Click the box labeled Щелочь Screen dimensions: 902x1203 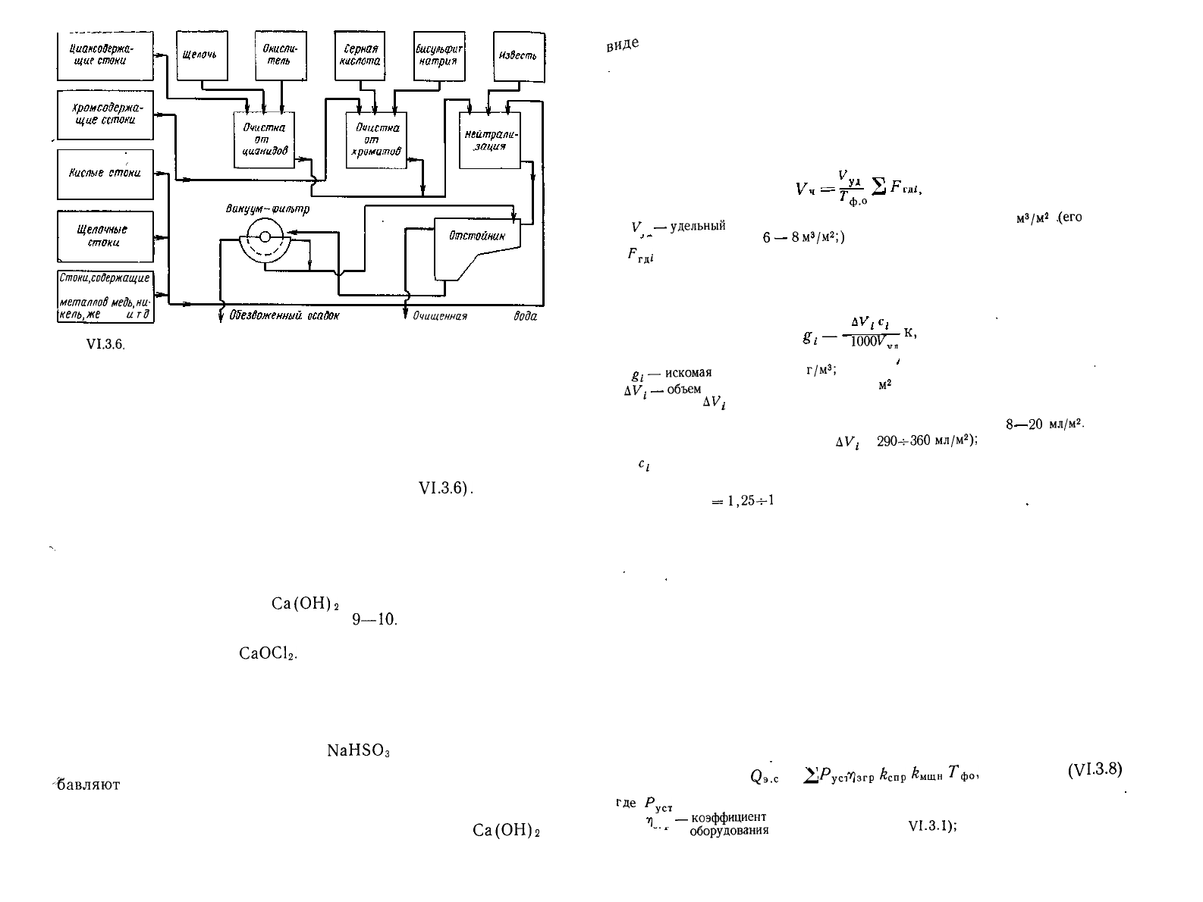[202, 55]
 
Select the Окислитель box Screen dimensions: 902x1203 [280, 55]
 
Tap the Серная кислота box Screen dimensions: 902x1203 [360, 55]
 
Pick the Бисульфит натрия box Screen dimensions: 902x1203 [439, 55]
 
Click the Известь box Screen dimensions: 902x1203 [518, 55]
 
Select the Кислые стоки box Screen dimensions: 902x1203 [105, 174]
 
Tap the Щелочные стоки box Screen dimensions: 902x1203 [105, 236]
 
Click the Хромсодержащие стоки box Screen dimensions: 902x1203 [105, 114]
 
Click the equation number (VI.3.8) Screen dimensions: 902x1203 [1094, 769]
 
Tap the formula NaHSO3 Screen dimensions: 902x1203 [358, 751]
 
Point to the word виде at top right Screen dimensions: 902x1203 [623, 45]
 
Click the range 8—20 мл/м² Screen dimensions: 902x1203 [1045, 424]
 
